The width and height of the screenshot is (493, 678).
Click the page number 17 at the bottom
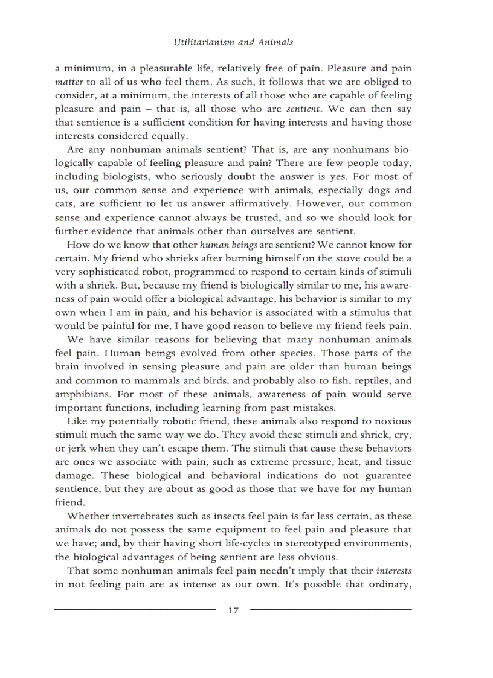[x=233, y=610]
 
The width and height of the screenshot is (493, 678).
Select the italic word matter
[x=68, y=82]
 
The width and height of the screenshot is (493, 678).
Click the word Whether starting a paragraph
[x=86, y=516]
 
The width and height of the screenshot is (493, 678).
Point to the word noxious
[x=392, y=421]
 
